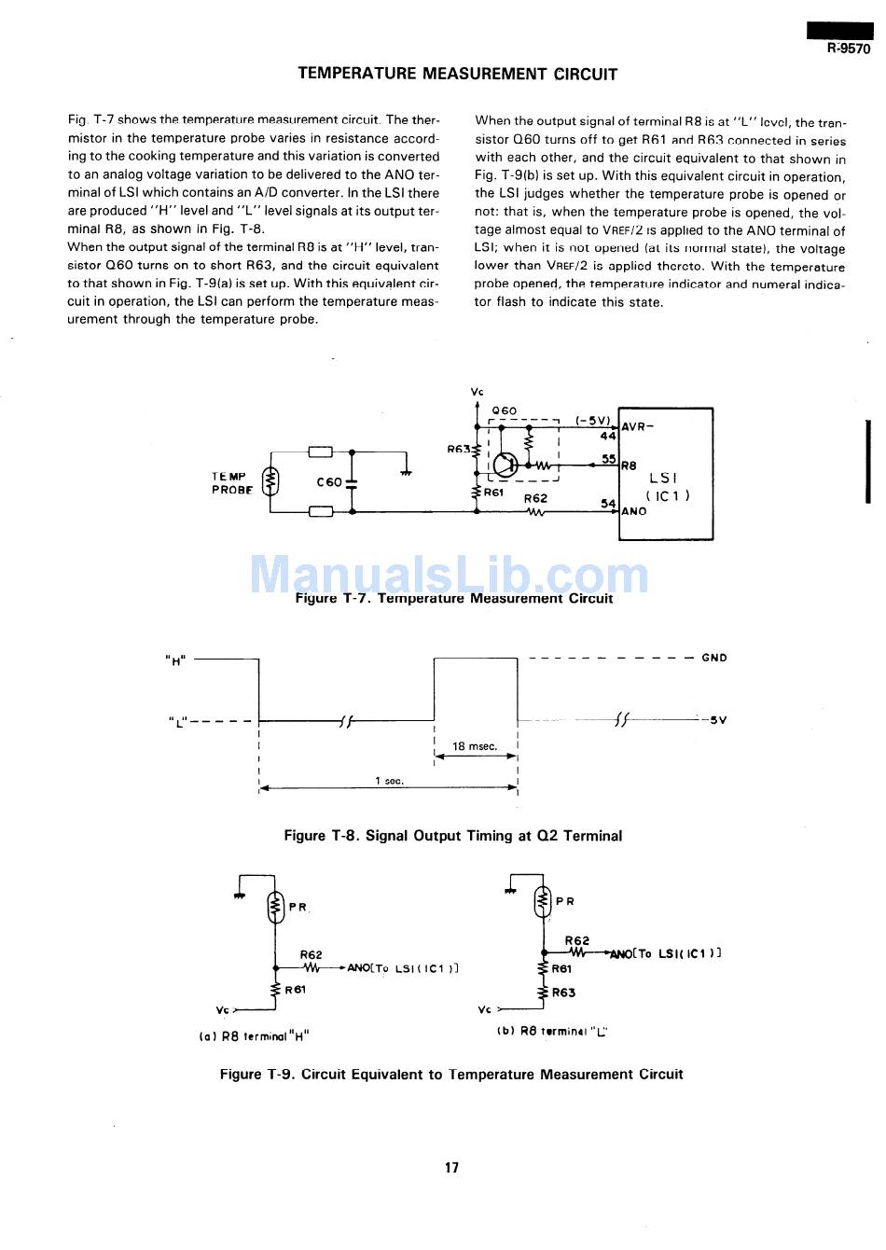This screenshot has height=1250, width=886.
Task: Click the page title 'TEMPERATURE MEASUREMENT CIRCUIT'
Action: pos(458,74)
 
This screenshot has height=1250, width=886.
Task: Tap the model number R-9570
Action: pos(849,49)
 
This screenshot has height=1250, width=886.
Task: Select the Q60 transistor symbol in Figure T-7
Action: pos(505,465)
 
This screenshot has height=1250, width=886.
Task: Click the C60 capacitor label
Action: pos(328,481)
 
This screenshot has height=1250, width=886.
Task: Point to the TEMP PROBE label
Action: pos(231,482)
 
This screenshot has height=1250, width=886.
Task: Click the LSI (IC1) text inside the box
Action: pos(667,486)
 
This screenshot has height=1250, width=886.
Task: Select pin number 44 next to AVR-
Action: pos(608,436)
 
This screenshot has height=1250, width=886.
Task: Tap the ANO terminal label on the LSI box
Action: pos(634,510)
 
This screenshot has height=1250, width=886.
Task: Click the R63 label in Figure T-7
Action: pos(459,449)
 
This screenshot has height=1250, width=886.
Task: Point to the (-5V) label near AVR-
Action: pos(592,420)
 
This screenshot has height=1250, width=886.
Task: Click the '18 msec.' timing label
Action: pos(475,746)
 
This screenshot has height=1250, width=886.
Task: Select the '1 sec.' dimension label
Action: pos(389,781)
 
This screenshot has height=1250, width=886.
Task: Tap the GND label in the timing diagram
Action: pos(714,658)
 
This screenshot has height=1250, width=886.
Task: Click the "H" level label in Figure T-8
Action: pos(175,660)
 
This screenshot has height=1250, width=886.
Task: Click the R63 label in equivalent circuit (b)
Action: pos(563,993)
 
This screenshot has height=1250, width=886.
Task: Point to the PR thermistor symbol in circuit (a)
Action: pos(276,908)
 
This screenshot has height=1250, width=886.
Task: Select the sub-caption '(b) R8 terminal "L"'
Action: pos(552,1031)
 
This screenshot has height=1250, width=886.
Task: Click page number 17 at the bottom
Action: pos(451,1167)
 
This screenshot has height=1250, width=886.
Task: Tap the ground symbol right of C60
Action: pos(407,472)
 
